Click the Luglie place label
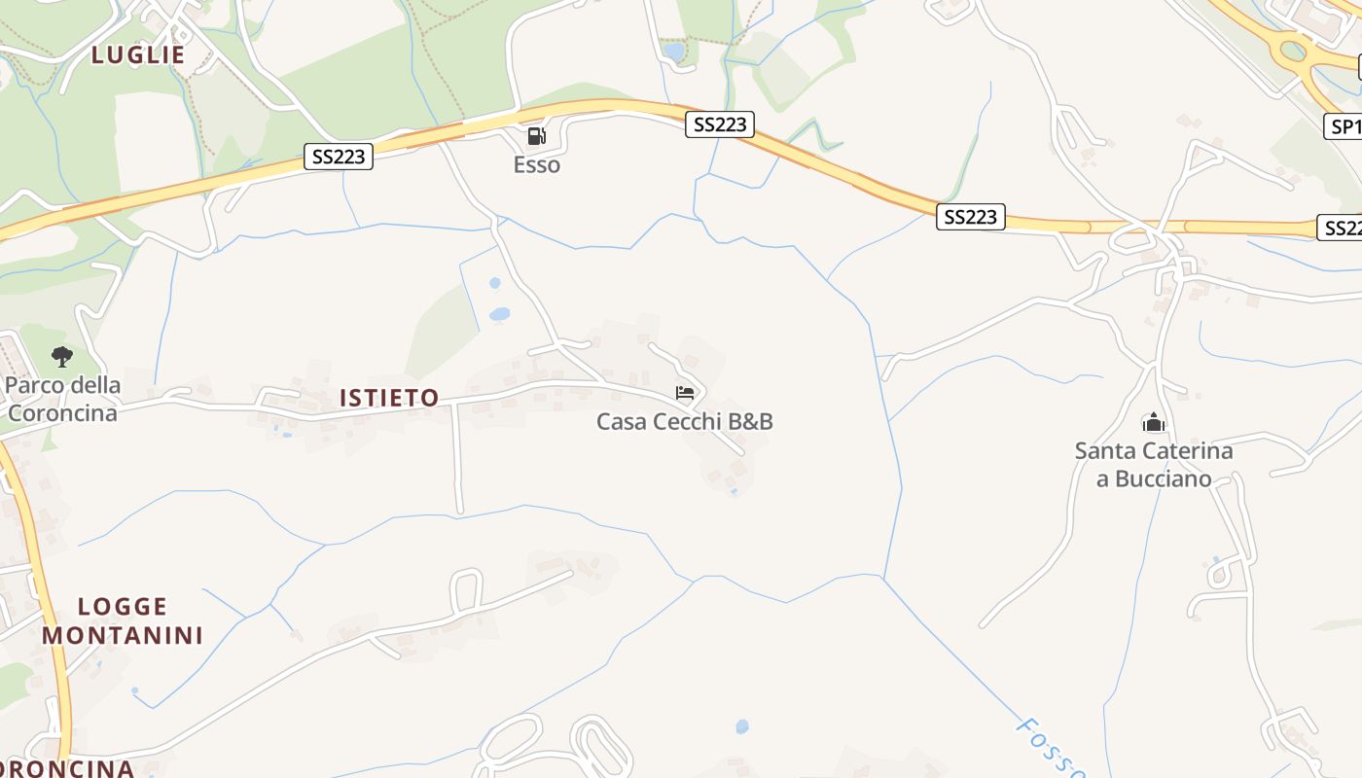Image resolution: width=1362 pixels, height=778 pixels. pos(138,55)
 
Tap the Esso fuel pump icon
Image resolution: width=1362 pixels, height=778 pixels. pos(536,136)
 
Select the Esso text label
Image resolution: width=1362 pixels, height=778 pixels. pos(537,165)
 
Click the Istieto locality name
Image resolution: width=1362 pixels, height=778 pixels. pos(389,398)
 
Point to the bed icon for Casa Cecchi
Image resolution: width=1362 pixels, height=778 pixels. pos(685,393)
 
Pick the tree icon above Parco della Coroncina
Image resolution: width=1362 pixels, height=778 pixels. pos(62,357)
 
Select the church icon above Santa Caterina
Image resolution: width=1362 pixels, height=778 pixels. pos(1153,422)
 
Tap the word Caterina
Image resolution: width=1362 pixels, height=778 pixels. pos(1188,451)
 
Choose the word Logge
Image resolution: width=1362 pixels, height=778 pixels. pos(123,607)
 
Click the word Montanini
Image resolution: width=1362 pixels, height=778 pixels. pos(123,636)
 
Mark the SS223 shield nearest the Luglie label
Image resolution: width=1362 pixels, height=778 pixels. pos(339,156)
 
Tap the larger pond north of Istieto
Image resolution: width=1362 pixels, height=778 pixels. pos(499,314)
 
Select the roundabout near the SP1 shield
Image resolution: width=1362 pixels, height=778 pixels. pos(1293,51)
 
